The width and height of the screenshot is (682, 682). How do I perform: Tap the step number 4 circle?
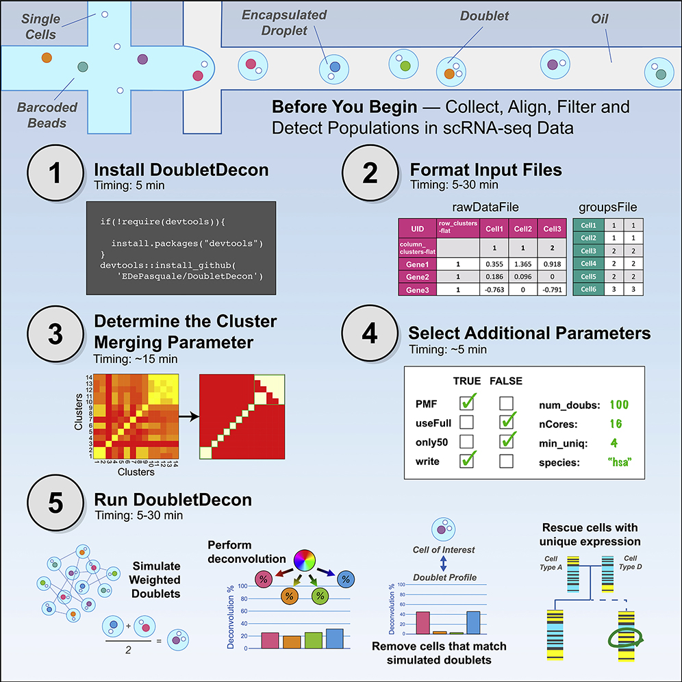tap(369, 336)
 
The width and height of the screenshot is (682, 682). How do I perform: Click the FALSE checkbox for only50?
tap(507, 441)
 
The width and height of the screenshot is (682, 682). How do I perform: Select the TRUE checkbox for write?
tap(468, 461)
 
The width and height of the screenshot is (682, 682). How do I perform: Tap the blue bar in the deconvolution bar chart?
tap(334, 638)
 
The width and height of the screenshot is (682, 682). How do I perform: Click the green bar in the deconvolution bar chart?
tap(314, 640)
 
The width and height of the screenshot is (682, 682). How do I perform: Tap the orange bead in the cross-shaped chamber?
tap(47, 55)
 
